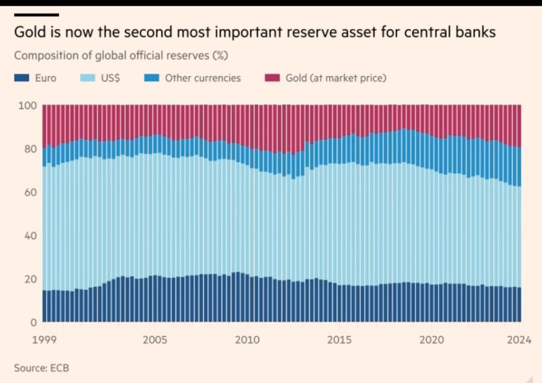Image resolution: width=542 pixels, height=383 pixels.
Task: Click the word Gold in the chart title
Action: (29, 33)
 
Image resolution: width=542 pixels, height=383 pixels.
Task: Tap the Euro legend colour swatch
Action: (23, 78)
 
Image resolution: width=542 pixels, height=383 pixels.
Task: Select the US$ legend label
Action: (110, 78)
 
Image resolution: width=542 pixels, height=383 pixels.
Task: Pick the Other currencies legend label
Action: (203, 78)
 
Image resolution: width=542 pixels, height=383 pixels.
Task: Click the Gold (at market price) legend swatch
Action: (271, 78)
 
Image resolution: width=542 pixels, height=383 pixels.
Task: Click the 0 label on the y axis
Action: (33, 322)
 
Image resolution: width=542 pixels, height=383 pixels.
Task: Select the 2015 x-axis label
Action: (339, 340)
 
